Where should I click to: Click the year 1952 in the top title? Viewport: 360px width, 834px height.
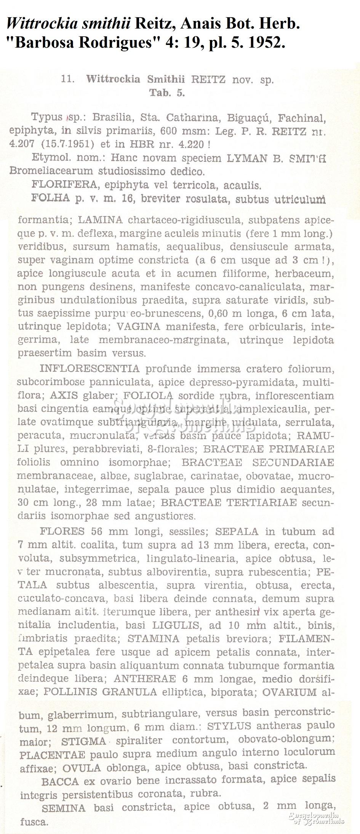265,43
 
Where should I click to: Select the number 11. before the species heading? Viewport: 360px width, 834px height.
67,79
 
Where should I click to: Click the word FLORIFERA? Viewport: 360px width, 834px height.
64,185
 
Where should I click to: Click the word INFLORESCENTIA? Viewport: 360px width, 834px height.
90,368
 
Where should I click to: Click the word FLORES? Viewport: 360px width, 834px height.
62,531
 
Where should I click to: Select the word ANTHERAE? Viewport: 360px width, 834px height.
145,679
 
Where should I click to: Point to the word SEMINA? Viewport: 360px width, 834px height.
64,808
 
